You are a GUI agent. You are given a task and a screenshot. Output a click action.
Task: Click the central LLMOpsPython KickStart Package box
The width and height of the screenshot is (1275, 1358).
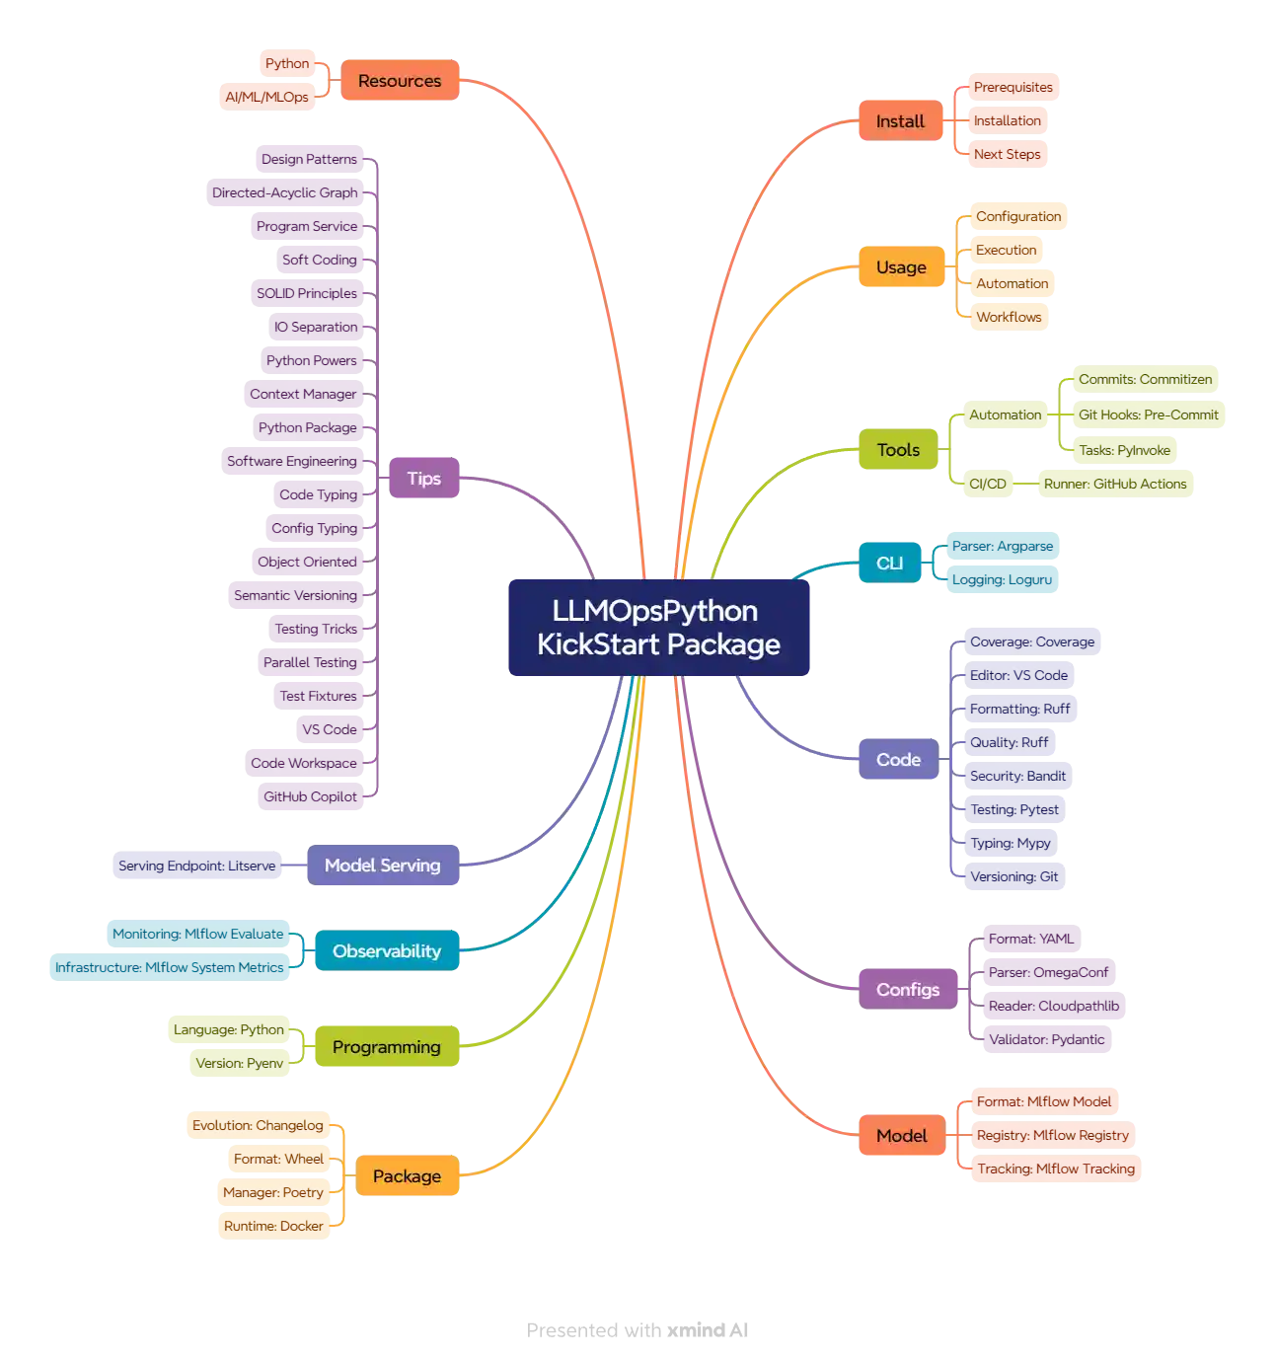coord(658,628)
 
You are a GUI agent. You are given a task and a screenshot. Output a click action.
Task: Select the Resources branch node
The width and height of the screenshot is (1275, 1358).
coord(400,81)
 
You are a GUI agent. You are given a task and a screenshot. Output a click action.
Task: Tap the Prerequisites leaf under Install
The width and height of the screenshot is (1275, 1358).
coord(1012,87)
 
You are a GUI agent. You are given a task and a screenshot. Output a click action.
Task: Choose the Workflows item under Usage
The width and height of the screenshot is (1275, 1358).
coord(1009,317)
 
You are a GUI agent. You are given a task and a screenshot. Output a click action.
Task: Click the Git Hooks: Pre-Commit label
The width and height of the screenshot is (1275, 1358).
coord(1148,415)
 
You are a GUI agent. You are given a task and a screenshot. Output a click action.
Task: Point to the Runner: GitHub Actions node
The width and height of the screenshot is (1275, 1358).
coord(1115,484)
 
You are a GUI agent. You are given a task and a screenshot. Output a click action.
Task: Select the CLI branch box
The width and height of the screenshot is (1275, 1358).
coord(889,563)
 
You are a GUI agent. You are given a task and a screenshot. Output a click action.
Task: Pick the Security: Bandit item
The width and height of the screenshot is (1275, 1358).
coord(1017,776)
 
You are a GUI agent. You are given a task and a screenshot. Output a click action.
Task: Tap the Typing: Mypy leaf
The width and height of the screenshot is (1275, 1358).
coord(1011,843)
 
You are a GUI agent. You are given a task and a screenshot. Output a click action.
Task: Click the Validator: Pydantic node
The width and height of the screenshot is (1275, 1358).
coord(1046,1039)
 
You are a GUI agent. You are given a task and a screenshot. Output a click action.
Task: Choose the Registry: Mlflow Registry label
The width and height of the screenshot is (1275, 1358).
coord(1052,1135)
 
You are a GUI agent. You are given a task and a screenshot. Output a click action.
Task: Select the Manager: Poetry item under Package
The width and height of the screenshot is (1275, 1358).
coord(272,1192)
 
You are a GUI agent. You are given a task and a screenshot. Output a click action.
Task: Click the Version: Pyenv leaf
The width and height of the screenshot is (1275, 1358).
coord(239,1063)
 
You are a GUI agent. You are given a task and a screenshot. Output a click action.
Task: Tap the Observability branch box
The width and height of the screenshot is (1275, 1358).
coord(387,951)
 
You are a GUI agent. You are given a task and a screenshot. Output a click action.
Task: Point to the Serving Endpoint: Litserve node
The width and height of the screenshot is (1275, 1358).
coord(197,866)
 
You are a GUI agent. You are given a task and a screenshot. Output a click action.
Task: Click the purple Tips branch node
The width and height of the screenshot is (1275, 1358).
coord(423,479)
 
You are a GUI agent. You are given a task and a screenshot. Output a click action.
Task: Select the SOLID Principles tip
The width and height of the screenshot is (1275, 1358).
coord(307,293)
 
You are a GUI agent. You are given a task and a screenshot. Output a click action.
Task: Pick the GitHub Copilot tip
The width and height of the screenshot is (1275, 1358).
coord(310,796)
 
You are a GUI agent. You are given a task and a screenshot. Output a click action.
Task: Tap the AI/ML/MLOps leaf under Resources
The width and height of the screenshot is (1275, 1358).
coord(266,97)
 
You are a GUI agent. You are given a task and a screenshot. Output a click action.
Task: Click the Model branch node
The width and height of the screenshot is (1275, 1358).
coord(901,1136)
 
